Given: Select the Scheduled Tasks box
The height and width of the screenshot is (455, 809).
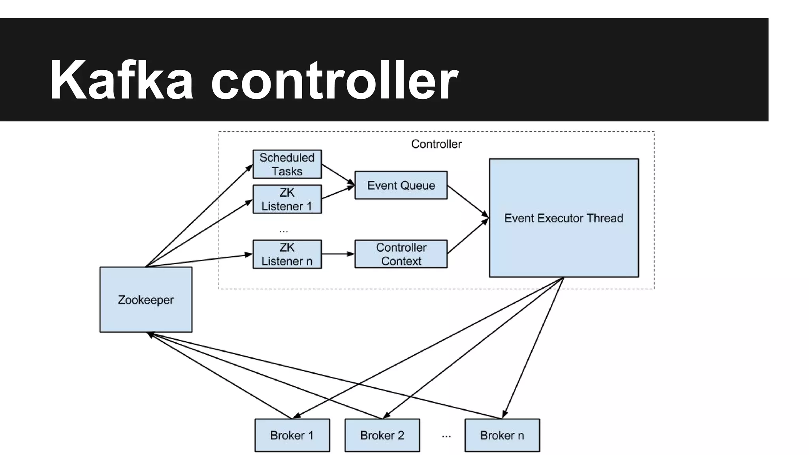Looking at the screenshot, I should pos(287,164).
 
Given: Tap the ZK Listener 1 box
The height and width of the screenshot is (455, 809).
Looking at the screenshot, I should pos(287,199).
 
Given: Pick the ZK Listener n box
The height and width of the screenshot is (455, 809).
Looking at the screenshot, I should pos(287,254).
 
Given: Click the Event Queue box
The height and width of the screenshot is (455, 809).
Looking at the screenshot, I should pos(401,185).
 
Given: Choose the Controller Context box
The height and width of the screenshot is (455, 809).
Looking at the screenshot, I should pos(401,254).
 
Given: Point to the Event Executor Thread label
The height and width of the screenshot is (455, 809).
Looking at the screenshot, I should pos(563,218).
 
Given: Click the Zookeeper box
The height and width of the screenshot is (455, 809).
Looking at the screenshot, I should pos(146,300).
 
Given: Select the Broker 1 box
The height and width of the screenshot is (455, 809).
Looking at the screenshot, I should pos(292,435).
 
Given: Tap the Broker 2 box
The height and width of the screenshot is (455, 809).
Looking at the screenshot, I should pos(382,435).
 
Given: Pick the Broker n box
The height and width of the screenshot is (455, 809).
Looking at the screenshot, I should pos(502,435).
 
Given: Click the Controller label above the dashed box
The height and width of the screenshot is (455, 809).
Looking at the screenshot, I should pos(436,144).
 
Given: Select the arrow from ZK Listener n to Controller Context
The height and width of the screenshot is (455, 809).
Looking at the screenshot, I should pos(338,254).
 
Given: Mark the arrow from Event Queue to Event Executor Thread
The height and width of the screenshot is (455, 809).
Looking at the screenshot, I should pos(468,201).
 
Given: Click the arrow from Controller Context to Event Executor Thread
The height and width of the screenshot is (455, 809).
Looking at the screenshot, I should pos(468,236).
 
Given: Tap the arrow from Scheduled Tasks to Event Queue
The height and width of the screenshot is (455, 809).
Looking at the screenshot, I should pos(338,174).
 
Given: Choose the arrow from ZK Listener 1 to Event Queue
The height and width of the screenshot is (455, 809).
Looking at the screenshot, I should pos(338,192).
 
